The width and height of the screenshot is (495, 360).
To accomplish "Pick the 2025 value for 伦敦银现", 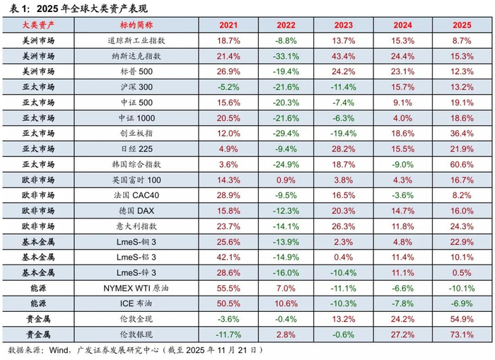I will pos(461,334).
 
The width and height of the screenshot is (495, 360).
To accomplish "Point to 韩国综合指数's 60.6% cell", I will pos(461,164).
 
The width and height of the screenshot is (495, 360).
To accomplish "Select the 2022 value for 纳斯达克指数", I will pos(286,55).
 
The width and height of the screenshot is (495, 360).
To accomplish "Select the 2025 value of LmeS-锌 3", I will pos(461,272).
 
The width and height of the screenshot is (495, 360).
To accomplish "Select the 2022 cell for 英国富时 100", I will pos(286,180).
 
